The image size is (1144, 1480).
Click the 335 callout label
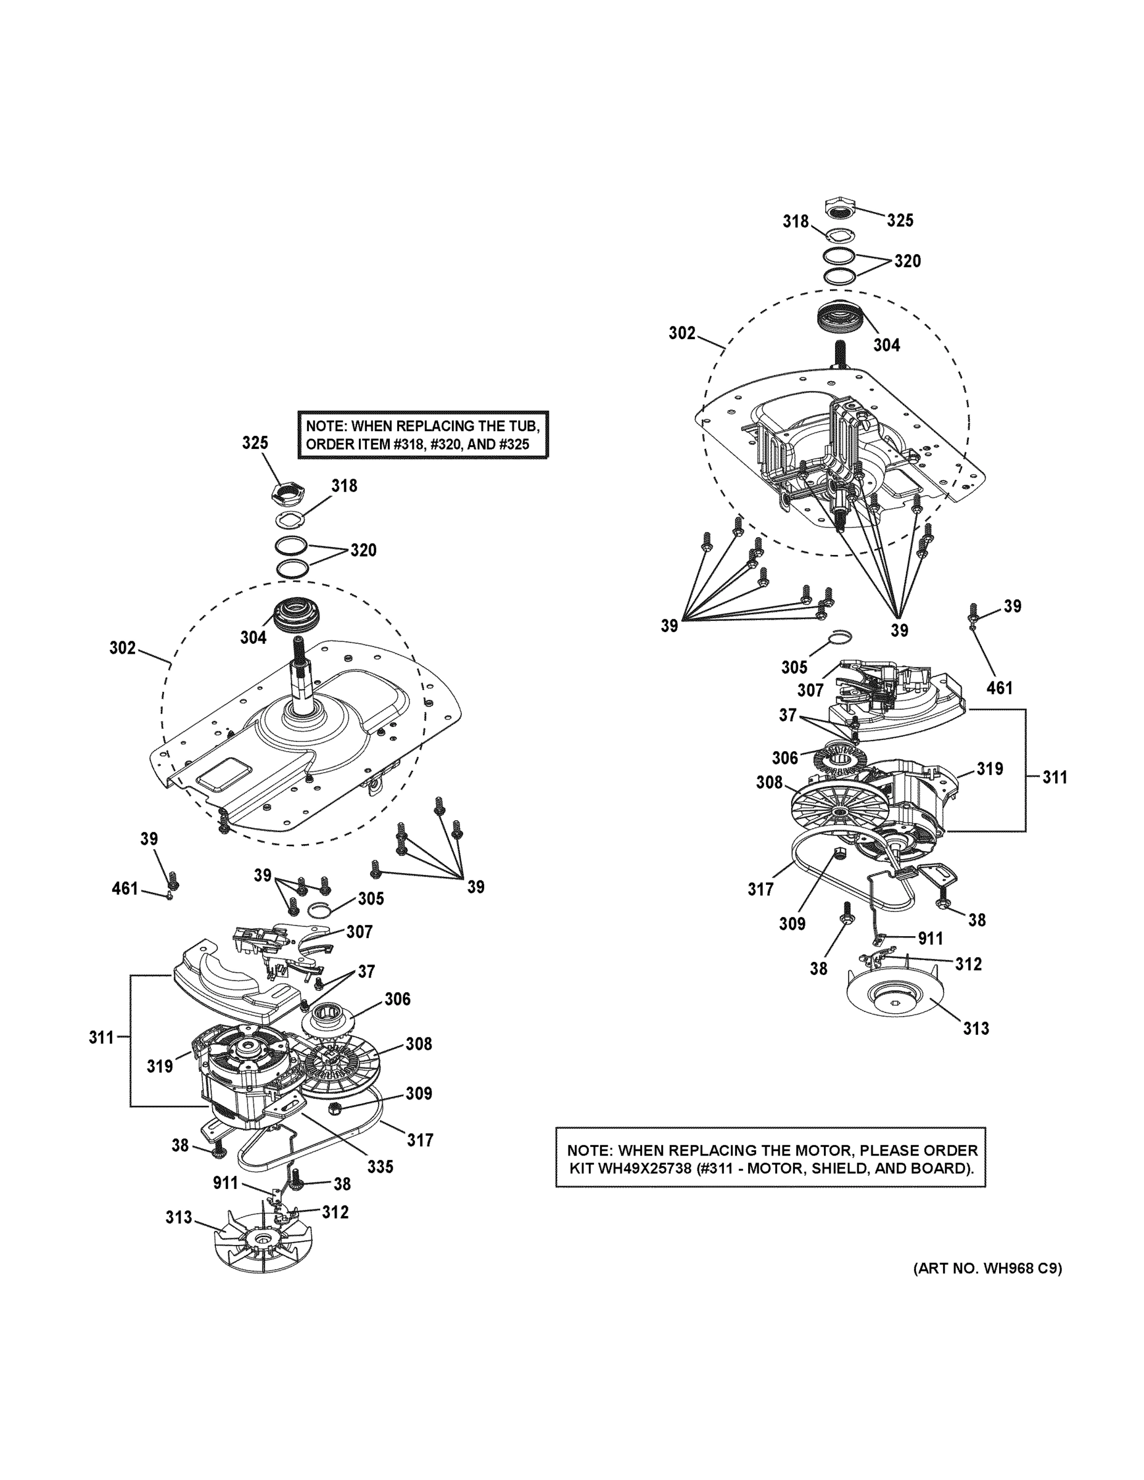pos(381,1166)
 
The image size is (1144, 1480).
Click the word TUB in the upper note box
pos(522,426)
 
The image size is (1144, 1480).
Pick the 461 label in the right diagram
pos(999,688)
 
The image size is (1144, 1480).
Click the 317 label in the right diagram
pos(760,889)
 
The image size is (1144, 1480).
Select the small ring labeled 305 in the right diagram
pos(841,636)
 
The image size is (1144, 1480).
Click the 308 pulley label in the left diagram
pos(419,1043)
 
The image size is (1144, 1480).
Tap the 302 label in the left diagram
pos(123,648)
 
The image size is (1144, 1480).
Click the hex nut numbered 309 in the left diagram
pos(334,1109)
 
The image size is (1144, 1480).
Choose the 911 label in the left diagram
pos(226,1183)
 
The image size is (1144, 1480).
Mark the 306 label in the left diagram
pos(397,999)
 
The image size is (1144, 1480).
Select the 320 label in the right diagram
pos(907,261)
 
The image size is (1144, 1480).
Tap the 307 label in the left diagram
pos(359,932)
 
